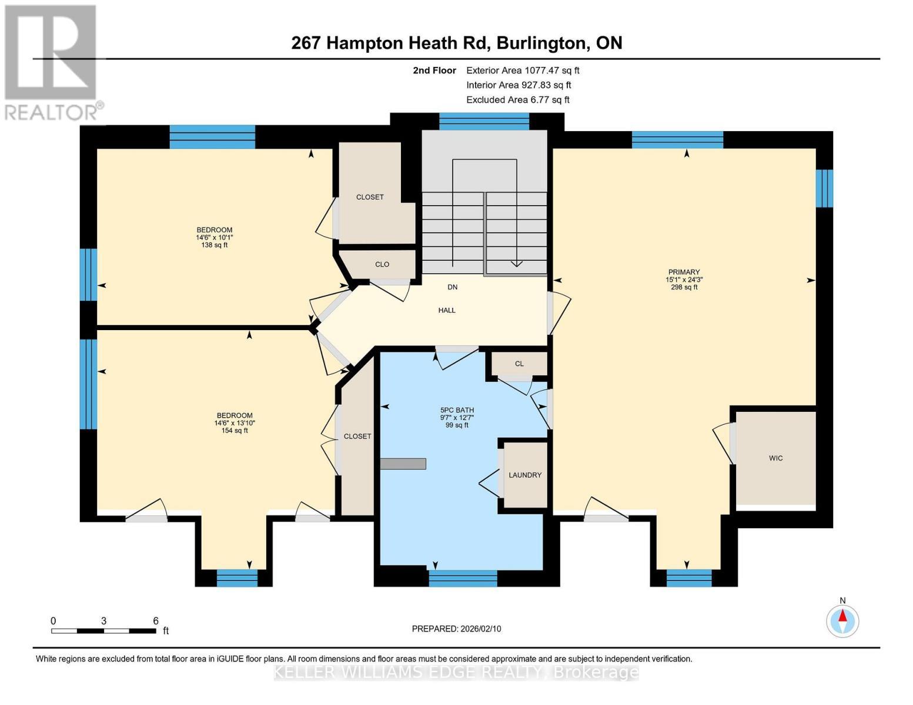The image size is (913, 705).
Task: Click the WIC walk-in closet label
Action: point(775,458)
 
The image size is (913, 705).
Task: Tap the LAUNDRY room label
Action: point(525,475)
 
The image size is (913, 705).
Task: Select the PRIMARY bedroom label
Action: point(684,272)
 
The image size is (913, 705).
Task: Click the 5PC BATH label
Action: point(457,411)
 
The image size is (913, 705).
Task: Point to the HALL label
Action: point(447,310)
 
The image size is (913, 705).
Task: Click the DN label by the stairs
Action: point(452,287)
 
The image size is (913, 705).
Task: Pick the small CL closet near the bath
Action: point(519,364)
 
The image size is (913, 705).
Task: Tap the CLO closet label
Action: point(382,264)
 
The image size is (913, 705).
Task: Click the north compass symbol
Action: point(842,620)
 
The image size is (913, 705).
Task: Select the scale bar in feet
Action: point(103,631)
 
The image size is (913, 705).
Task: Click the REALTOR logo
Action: point(52,62)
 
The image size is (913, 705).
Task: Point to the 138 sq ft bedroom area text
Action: point(214,245)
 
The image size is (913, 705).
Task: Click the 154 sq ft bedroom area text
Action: point(235,431)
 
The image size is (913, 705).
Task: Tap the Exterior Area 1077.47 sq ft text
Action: point(523,70)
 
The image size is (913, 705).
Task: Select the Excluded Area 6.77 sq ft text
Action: point(517,100)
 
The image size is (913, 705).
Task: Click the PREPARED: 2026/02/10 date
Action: point(456,629)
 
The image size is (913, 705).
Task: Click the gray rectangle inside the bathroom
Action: point(403,464)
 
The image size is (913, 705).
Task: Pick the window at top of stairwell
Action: point(484,122)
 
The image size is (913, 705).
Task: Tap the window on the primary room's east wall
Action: point(824,188)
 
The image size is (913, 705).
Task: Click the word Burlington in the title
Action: point(543,43)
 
